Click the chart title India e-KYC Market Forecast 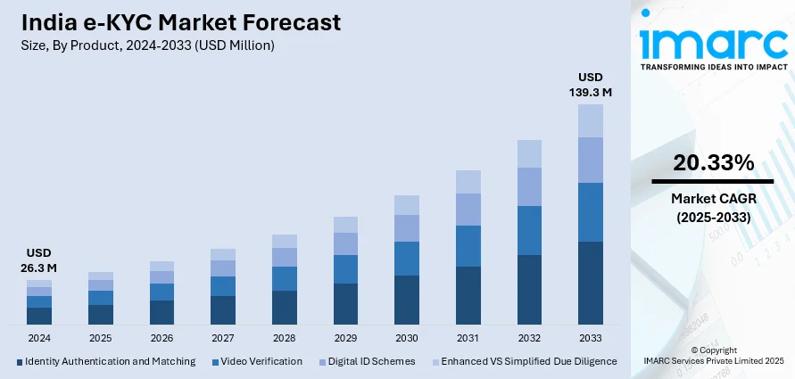pos(178,23)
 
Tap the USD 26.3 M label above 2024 pos(39,260)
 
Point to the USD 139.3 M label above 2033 pos(591,84)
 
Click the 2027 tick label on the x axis pos(223,339)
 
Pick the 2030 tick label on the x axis pos(407,339)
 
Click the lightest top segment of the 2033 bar pos(591,120)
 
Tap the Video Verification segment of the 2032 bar pos(529,230)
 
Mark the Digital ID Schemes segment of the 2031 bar pos(468,210)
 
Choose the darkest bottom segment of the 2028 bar pos(285,307)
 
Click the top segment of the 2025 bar pos(101,276)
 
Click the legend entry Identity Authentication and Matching pos(106,361)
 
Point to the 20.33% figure pos(713,163)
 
